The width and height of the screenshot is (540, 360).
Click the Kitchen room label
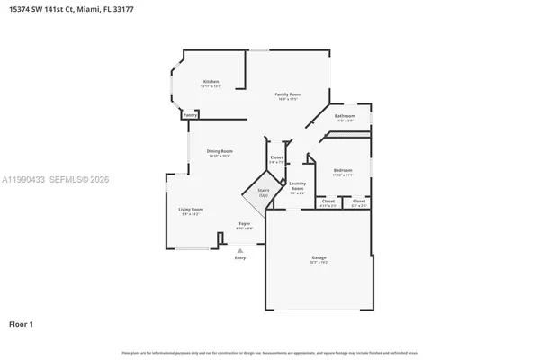point(211,82)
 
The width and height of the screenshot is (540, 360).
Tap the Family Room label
point(288,94)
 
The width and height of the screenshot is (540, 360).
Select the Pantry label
point(190,115)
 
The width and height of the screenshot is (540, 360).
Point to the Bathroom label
point(345,116)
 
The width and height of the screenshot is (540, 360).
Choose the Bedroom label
point(343,170)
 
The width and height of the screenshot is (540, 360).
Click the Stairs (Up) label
point(264,193)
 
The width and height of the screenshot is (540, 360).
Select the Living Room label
point(190,209)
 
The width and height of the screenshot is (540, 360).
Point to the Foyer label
point(244,223)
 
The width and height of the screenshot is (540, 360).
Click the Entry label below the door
point(239,258)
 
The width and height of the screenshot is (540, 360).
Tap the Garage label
point(319,257)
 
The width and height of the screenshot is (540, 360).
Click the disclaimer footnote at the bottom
point(270,352)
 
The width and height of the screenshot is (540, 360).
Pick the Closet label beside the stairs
point(276,157)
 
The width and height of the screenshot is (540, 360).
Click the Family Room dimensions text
point(288,98)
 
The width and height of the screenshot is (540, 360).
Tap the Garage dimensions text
point(319,262)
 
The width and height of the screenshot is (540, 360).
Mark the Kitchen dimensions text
point(211,86)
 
